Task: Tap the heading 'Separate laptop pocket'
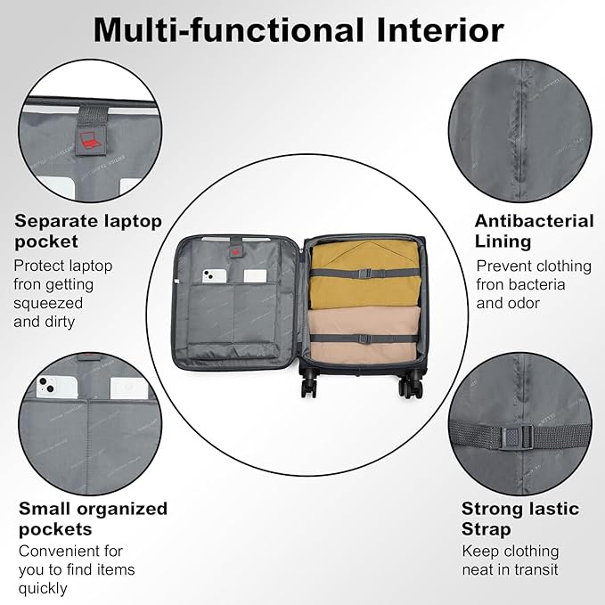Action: point(87,231)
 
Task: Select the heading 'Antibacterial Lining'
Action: point(534,231)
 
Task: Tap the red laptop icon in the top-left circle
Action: point(89,139)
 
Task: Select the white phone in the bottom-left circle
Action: point(48,388)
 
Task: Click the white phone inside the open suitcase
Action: point(213,277)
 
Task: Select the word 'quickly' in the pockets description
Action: point(45,588)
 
